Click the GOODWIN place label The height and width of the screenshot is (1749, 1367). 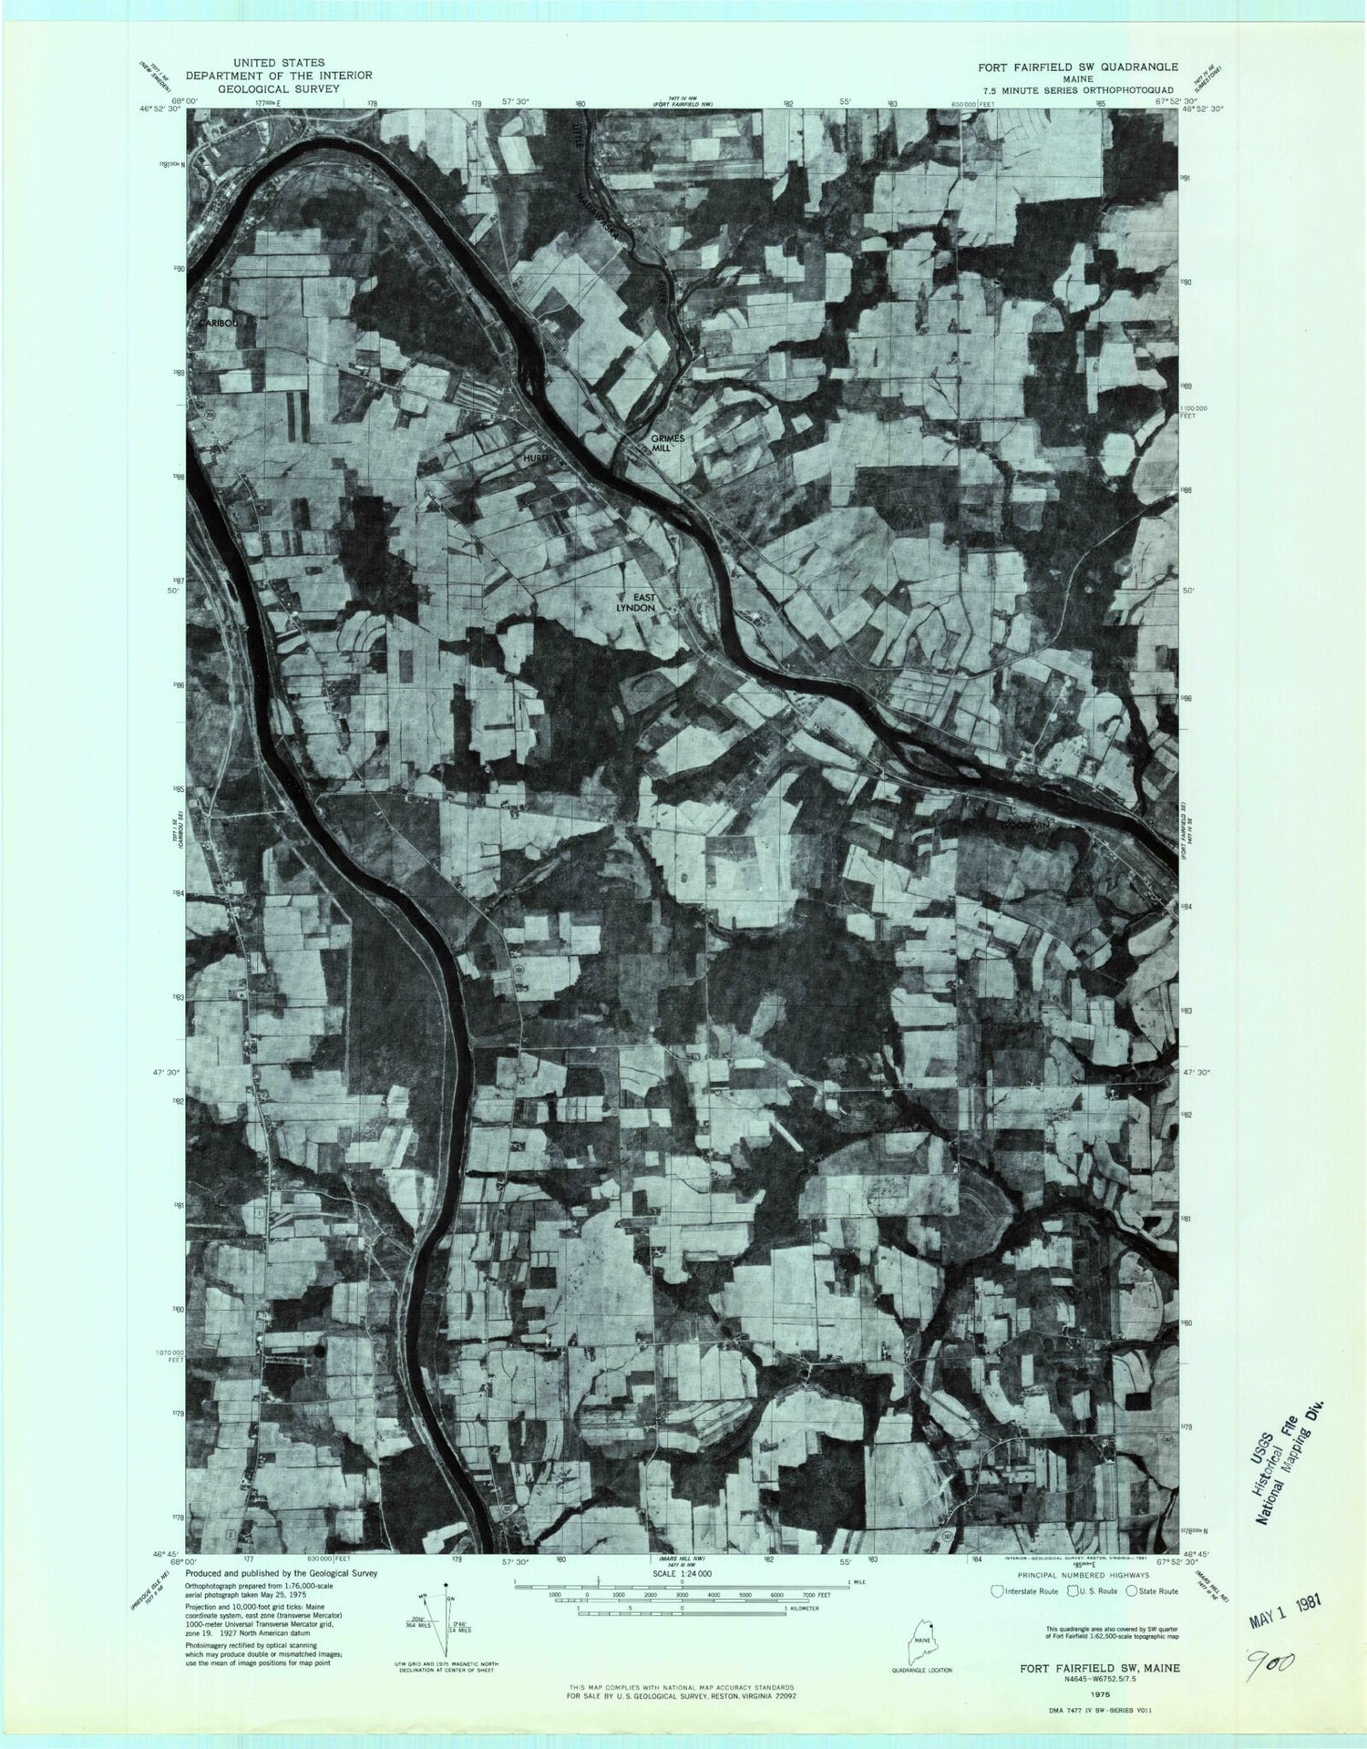(1027, 825)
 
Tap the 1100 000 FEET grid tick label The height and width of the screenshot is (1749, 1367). (1192, 412)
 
